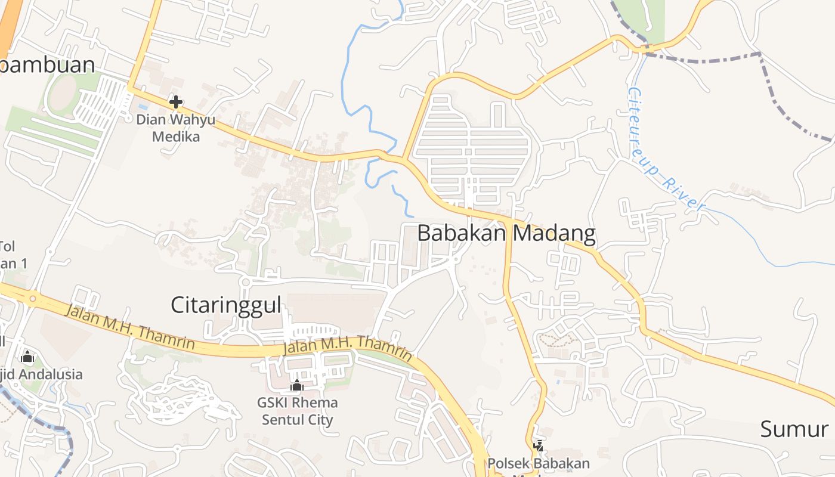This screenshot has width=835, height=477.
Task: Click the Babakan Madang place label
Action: tap(506, 233)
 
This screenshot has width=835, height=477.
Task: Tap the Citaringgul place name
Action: tap(225, 305)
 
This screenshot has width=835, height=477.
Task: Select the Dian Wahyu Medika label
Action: tap(175, 128)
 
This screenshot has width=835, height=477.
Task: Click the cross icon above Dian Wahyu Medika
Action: tap(175, 102)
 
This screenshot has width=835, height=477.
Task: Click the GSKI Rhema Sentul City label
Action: tap(297, 411)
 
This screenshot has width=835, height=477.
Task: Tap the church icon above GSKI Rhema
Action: tap(297, 386)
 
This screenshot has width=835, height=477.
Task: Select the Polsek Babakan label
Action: tap(539, 464)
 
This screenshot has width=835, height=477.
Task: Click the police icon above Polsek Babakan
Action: tap(539, 445)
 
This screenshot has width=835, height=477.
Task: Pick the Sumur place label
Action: tap(794, 429)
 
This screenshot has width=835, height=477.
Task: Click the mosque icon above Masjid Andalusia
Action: tap(27, 357)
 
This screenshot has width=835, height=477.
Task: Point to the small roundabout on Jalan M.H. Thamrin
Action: tap(33, 298)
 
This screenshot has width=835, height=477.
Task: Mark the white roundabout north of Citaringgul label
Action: tap(245, 281)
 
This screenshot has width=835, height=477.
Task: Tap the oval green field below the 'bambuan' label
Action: tap(61, 94)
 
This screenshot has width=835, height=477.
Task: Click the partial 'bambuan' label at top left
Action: tap(48, 64)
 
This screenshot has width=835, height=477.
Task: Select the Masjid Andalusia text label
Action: tap(42, 374)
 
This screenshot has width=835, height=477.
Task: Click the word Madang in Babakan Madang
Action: tap(553, 233)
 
